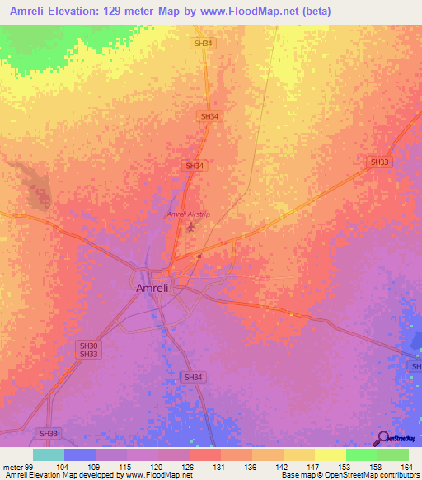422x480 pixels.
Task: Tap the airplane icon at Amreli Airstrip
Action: pyautogui.click(x=192, y=225)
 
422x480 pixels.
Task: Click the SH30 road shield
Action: pyautogui.click(x=88, y=346)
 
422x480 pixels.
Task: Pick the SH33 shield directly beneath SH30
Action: pyautogui.click(x=88, y=355)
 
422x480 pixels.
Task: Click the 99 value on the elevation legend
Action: pyautogui.click(x=30, y=466)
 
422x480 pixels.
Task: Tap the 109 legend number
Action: pyautogui.click(x=96, y=466)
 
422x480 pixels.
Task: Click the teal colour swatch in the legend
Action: pyautogui.click(x=48, y=454)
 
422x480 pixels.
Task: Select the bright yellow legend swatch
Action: pyautogui.click(x=330, y=454)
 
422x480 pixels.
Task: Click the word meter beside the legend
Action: pyautogui.click(x=12, y=466)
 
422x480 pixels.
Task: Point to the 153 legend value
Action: pyautogui.click(x=345, y=466)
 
